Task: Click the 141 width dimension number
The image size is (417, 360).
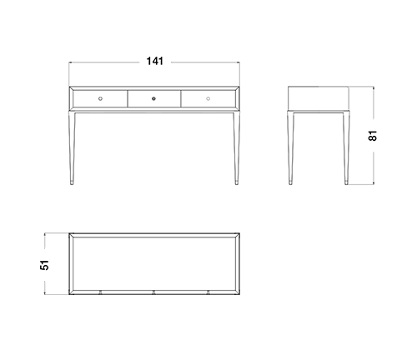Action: point(155,61)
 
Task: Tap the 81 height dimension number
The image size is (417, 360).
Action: point(373,136)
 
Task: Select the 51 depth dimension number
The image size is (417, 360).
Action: point(44,265)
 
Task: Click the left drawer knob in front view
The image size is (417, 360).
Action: point(100,98)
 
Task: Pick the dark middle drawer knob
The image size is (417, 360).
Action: point(153,98)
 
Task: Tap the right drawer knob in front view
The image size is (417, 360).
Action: point(208,98)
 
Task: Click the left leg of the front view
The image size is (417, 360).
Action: point(72,147)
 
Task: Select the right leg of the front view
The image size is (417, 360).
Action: point(237,147)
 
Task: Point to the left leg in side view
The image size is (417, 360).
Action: point(290,147)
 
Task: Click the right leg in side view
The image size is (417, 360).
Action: point(346,147)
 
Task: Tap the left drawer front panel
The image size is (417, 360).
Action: point(100,98)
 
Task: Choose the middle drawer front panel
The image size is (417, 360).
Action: point(154,98)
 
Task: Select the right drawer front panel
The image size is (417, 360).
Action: point(208,98)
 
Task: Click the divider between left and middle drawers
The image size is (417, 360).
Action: point(128,98)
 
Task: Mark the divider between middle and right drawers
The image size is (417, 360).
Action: point(181,98)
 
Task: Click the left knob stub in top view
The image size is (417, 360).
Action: point(100,292)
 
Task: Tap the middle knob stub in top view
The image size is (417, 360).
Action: point(153,292)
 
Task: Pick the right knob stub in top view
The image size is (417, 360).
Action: point(208,292)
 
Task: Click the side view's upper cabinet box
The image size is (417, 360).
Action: point(319,98)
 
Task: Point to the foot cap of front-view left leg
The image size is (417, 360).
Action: point(72,182)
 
